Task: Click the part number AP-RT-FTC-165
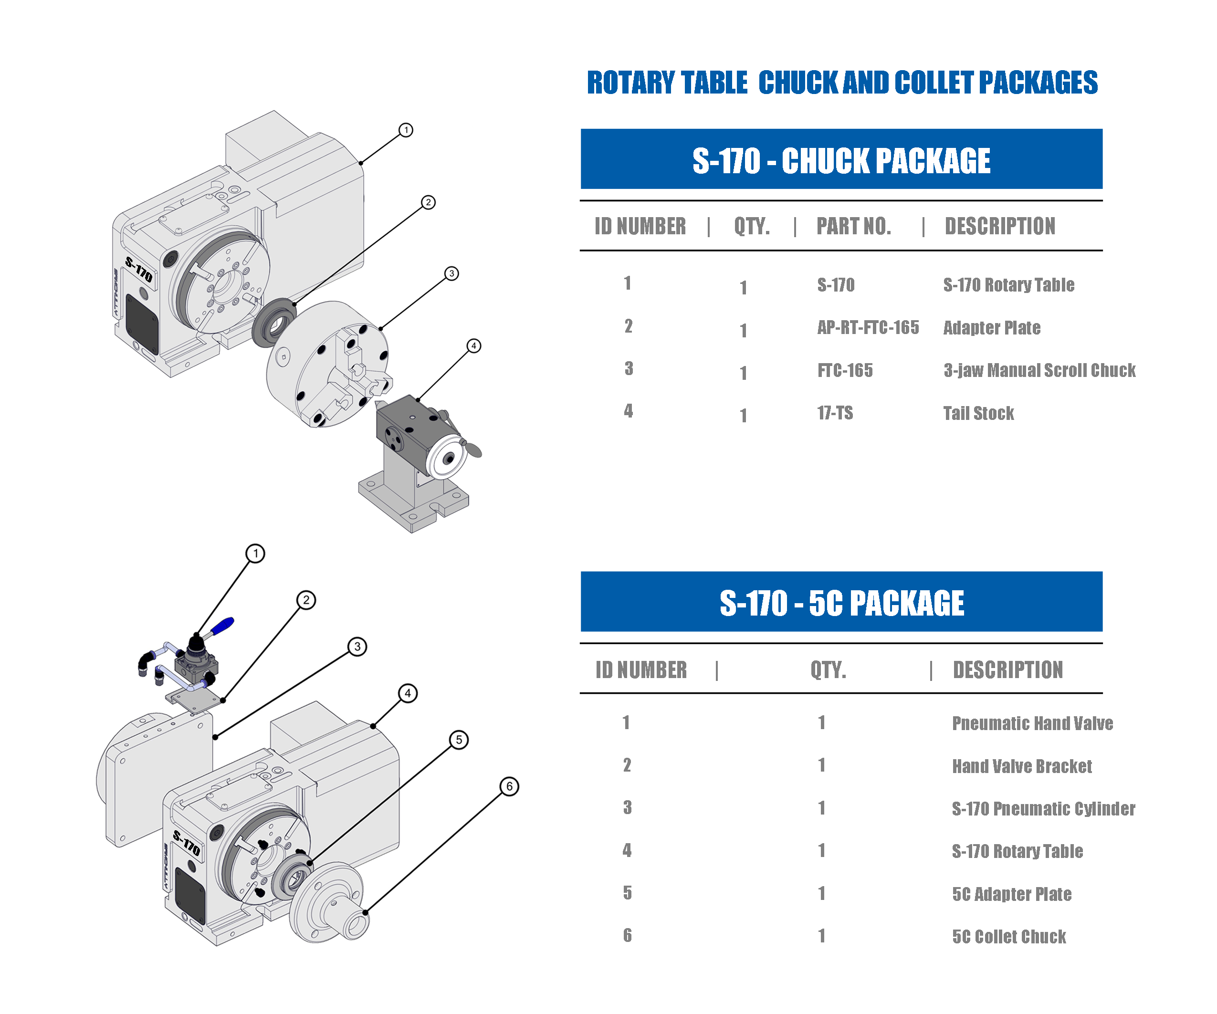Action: point(868,328)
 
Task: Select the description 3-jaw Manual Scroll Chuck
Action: point(1039,370)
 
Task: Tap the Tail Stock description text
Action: point(978,413)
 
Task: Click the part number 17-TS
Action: point(835,413)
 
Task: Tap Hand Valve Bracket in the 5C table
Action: point(1022,766)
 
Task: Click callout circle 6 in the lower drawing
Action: point(509,786)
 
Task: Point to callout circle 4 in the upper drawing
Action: point(474,346)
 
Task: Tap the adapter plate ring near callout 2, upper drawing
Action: point(273,322)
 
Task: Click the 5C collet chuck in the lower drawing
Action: point(330,901)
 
